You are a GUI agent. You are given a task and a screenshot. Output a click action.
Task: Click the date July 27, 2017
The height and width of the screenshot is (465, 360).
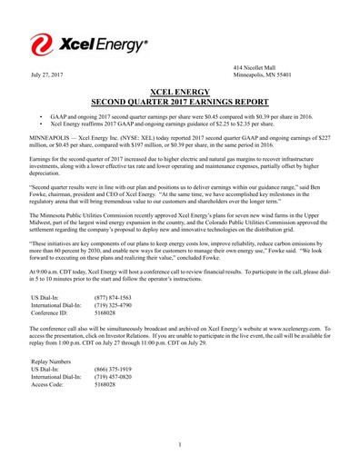(x=47, y=74)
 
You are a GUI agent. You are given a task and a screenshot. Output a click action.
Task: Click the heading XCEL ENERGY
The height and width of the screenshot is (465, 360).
(x=180, y=93)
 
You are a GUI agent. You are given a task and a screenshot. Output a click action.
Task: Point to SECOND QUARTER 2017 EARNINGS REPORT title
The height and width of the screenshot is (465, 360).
(x=180, y=103)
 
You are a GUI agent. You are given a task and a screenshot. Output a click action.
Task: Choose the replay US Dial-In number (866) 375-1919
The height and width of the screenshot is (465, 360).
(x=114, y=369)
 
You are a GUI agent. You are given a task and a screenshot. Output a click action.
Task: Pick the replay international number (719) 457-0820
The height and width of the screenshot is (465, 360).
(x=114, y=377)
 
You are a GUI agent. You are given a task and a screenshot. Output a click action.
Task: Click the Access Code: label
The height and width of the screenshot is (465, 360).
(x=50, y=385)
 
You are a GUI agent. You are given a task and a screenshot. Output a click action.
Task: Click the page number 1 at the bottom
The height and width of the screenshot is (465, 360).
(x=180, y=444)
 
